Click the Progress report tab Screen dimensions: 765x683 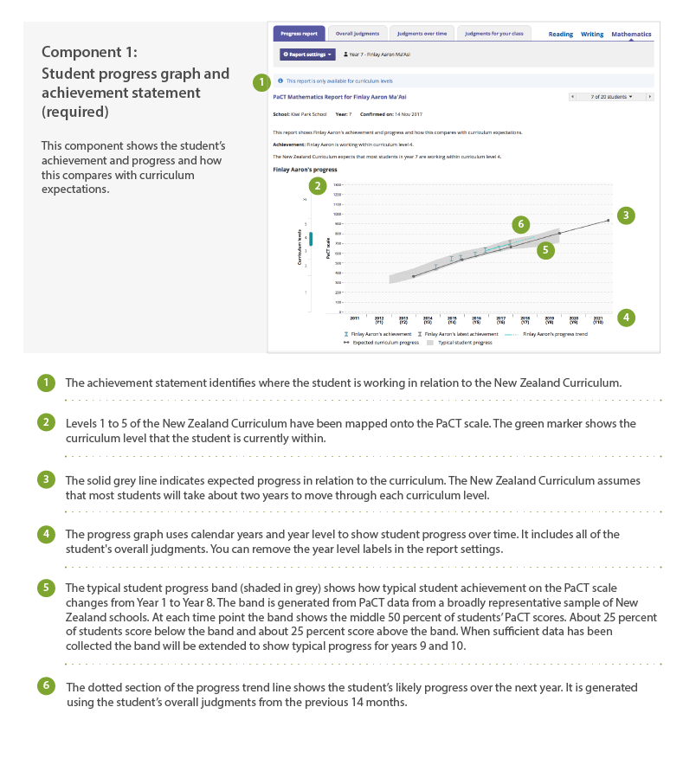click(299, 34)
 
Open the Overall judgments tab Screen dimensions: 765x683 click(358, 34)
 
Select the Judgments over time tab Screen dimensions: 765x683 click(422, 34)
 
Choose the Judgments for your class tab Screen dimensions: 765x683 click(493, 34)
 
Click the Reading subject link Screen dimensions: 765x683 click(561, 35)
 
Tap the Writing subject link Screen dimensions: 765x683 click(592, 35)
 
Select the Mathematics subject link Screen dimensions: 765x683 click(631, 35)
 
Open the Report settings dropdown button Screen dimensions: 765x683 click(307, 55)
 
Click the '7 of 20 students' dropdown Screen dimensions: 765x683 click(611, 97)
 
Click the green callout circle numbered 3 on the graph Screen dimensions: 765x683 click(626, 215)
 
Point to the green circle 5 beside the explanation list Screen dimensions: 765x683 click(45, 588)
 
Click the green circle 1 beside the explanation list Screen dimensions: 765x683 click(45, 382)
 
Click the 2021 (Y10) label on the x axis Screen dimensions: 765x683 click(598, 320)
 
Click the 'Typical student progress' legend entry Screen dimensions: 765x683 click(461, 343)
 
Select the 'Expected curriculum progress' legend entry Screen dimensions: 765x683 click(381, 343)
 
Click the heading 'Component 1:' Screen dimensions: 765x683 click(89, 52)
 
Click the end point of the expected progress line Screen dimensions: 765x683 click(608, 221)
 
